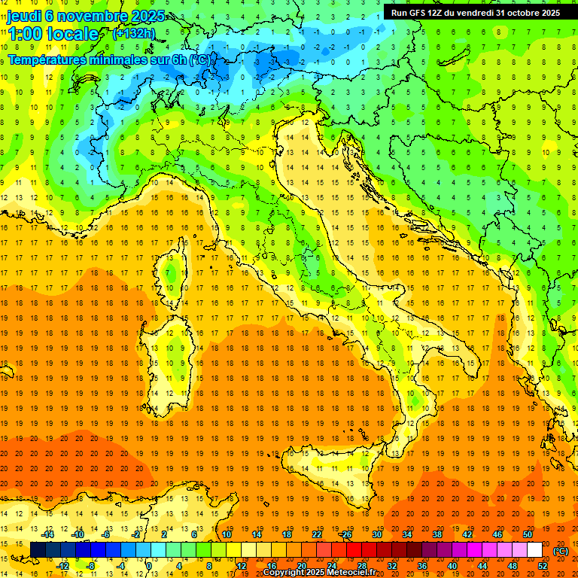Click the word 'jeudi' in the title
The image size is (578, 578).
25,16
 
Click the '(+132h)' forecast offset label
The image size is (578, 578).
135,34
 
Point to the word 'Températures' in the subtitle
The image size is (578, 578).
48,59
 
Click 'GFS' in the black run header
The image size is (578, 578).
418,13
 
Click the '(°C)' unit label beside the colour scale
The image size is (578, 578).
560,551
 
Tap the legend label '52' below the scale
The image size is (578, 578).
543,566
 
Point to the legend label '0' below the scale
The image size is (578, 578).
149,566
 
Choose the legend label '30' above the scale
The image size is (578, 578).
377,534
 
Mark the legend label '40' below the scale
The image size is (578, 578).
452,566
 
